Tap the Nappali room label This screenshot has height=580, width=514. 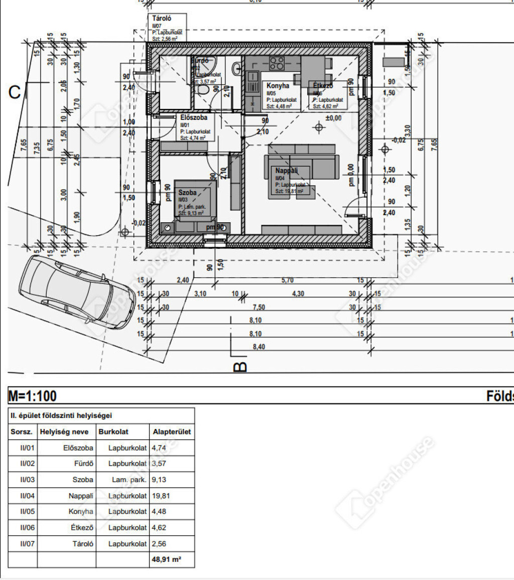tap(286, 171)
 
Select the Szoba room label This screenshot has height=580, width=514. tap(187, 193)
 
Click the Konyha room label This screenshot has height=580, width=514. tap(278, 86)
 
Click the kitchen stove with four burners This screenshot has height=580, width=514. tap(277, 63)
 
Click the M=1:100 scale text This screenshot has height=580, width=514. tap(33, 396)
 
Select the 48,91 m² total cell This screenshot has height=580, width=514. tap(166, 560)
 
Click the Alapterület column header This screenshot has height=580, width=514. tap(172, 431)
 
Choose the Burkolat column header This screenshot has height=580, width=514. tap(113, 431)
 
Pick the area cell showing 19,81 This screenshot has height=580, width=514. tap(159, 496)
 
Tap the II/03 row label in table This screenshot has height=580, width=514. tap(23, 480)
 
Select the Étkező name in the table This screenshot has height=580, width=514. tap(82, 528)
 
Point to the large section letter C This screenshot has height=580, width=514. tap(15, 93)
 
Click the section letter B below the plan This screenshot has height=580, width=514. tap(240, 367)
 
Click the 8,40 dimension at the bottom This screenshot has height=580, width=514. tap(259, 346)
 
